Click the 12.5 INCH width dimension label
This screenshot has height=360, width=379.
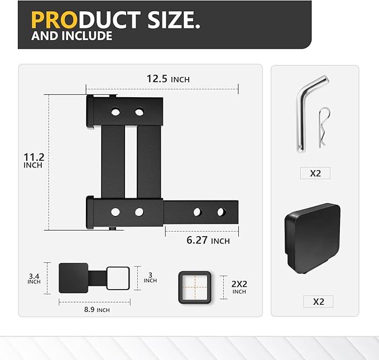168,79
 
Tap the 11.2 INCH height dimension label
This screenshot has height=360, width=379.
33,161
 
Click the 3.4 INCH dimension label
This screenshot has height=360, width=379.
34,278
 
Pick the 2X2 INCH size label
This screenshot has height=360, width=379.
239,287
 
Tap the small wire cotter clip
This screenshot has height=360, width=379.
322,128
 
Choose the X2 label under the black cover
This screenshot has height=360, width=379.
318,301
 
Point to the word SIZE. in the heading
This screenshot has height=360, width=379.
173,20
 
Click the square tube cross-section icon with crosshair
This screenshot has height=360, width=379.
195,287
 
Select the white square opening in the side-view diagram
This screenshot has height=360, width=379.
118,278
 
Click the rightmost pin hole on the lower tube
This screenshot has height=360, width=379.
221,212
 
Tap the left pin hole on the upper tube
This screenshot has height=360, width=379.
116,112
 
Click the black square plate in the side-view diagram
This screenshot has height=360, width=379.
74,278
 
